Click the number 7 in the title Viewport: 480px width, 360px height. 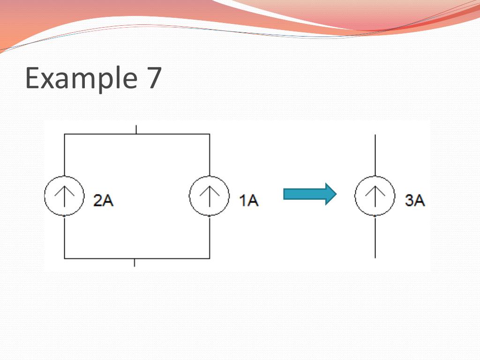coord(151,78)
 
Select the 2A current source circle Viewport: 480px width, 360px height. coord(64,195)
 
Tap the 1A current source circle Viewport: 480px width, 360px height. coord(209,195)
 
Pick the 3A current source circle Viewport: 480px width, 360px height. coord(375,196)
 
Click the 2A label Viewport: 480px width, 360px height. coord(103,201)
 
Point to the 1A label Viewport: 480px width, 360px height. coord(248,201)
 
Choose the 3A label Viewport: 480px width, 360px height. coord(414,201)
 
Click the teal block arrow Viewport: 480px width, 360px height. coord(310,194)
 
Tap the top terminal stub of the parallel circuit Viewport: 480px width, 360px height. coord(136,129)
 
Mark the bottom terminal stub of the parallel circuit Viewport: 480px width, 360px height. coord(135,262)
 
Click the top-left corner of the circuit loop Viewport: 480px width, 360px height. coord(64,135)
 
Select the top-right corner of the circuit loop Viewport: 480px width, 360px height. coord(209,135)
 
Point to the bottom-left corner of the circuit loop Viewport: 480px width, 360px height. coord(64,258)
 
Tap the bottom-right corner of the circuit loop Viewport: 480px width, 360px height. coord(209,258)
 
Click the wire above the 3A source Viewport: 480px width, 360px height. coord(375,155)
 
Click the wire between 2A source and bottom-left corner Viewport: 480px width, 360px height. coord(64,237)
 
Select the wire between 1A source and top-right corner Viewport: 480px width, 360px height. coord(209,155)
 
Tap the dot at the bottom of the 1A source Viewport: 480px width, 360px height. coord(209,216)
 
